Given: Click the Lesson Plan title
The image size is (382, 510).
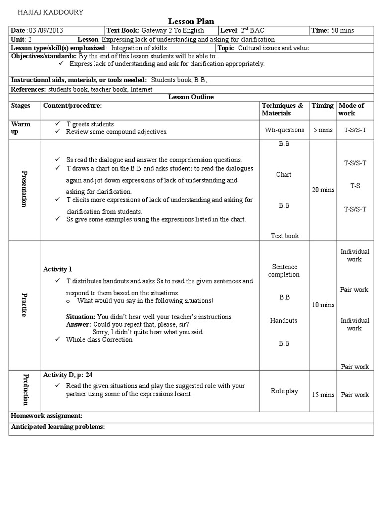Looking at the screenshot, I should [191, 21].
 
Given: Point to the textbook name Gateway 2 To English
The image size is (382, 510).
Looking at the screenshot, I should [173, 31].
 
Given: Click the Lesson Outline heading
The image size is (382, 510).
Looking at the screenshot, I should [191, 97].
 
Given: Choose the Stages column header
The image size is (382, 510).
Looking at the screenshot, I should [21, 106].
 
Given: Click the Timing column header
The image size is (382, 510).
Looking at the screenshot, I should [323, 106].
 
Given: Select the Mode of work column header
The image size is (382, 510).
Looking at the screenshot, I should [351, 109].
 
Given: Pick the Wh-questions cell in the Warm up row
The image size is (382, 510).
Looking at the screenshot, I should [285, 130].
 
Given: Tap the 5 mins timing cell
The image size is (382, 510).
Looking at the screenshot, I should [323, 130].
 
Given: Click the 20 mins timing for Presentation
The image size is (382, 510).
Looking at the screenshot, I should [323, 190].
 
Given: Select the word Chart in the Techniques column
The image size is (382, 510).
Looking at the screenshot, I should [284, 175].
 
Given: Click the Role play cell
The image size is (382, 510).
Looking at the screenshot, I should [285, 391].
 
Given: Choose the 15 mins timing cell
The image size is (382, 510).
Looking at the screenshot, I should [323, 395].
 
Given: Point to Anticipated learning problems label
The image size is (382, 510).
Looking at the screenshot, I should [58, 427].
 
